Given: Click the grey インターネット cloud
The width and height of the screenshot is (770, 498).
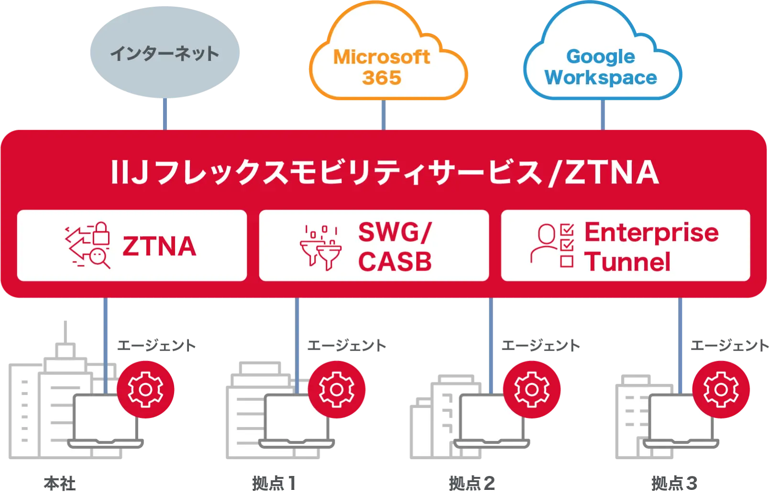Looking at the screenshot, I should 164,53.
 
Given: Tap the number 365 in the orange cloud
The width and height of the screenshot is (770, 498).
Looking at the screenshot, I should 382,78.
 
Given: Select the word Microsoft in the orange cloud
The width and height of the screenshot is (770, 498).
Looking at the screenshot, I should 382,57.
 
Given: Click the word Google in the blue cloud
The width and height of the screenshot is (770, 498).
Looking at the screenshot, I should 601,57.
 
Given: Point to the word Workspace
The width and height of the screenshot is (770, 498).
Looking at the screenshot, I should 601,78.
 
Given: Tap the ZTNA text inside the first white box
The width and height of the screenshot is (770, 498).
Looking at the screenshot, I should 159,246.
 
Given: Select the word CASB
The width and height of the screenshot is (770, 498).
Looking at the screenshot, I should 395,262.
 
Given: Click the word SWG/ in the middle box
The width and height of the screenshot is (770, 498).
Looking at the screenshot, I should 395,233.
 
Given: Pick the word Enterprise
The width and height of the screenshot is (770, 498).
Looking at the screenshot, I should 651,233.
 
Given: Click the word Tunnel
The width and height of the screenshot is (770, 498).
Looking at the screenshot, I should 627,262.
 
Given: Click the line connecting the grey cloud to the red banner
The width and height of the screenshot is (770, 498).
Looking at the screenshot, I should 165,113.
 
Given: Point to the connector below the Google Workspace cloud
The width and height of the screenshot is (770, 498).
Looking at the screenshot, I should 602,115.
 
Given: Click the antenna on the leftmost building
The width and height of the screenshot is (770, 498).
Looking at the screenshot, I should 65,331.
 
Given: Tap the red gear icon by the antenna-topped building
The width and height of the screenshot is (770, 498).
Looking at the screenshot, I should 145,389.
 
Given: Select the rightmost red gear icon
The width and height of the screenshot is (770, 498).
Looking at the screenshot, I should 721,389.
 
